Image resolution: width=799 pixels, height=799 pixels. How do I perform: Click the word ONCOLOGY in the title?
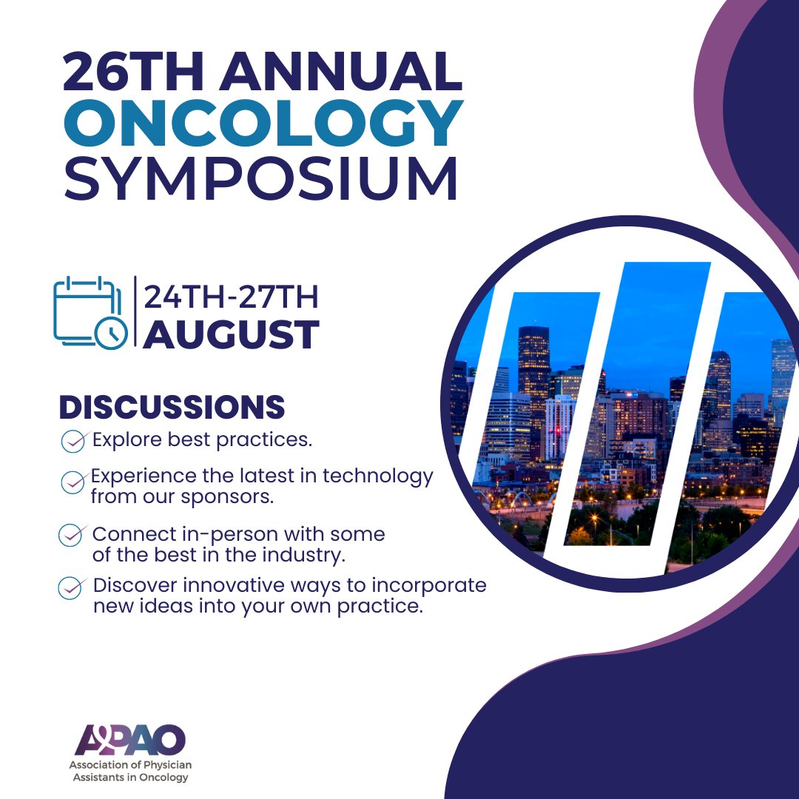[x=263, y=122]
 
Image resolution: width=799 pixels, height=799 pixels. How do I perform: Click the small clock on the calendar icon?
[x=110, y=334]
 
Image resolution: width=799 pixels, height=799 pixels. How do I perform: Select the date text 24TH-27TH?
[x=232, y=297]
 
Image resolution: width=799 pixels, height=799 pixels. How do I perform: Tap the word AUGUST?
[x=232, y=334]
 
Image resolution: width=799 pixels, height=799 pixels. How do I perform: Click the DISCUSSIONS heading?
[x=172, y=408]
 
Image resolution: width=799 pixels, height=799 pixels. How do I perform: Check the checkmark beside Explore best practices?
[x=73, y=442]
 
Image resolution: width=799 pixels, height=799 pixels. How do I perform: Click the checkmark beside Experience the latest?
[x=73, y=482]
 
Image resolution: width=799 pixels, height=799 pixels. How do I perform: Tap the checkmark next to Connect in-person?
[x=70, y=535]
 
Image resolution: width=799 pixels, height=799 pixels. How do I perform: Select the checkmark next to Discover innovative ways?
[x=70, y=587]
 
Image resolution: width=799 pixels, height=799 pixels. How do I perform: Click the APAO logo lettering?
[x=130, y=740]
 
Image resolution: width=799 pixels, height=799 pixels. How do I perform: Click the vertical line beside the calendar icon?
[x=135, y=311]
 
